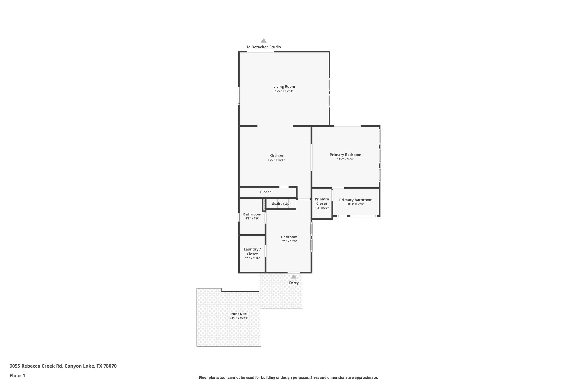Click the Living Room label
(284, 87)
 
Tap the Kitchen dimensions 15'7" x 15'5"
(276, 160)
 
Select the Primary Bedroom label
(345, 155)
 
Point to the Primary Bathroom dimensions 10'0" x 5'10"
(356, 204)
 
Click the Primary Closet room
(322, 203)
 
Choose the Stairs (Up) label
(281, 204)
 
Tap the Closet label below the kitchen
(265, 192)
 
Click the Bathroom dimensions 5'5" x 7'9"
(252, 219)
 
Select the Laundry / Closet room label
(252, 252)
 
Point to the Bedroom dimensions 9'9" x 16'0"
(289, 241)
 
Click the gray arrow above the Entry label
(294, 276)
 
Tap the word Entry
(294, 283)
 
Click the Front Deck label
(239, 314)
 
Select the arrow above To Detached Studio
(263, 41)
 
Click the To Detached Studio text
(263, 47)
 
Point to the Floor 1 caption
(17, 375)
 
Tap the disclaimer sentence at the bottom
(288, 377)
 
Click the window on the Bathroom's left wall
(239, 217)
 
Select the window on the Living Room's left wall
(239, 96)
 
